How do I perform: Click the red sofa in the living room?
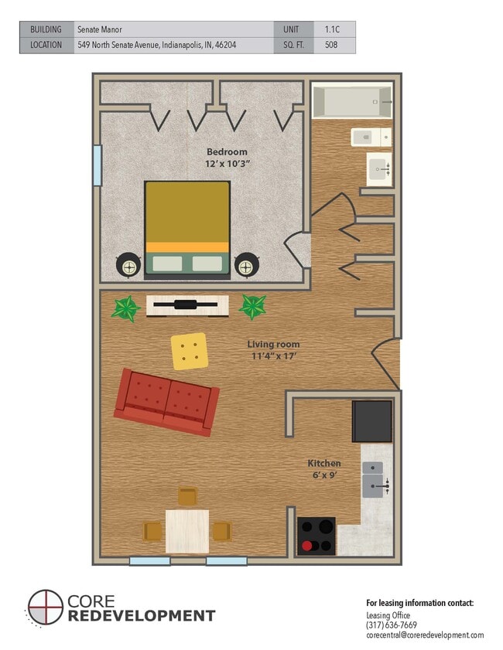point(166,401)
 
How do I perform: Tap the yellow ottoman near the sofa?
point(189,351)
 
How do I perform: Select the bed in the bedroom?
point(187,228)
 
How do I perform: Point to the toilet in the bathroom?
point(371,137)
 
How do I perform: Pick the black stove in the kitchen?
point(317,536)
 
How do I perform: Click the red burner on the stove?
point(307,546)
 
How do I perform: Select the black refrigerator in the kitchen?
point(372,422)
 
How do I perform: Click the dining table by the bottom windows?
point(187,530)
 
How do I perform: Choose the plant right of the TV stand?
point(252,307)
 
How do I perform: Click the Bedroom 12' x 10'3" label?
point(227,158)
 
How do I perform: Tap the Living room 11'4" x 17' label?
point(272,349)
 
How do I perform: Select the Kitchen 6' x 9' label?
point(323,468)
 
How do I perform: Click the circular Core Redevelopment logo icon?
point(45,607)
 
